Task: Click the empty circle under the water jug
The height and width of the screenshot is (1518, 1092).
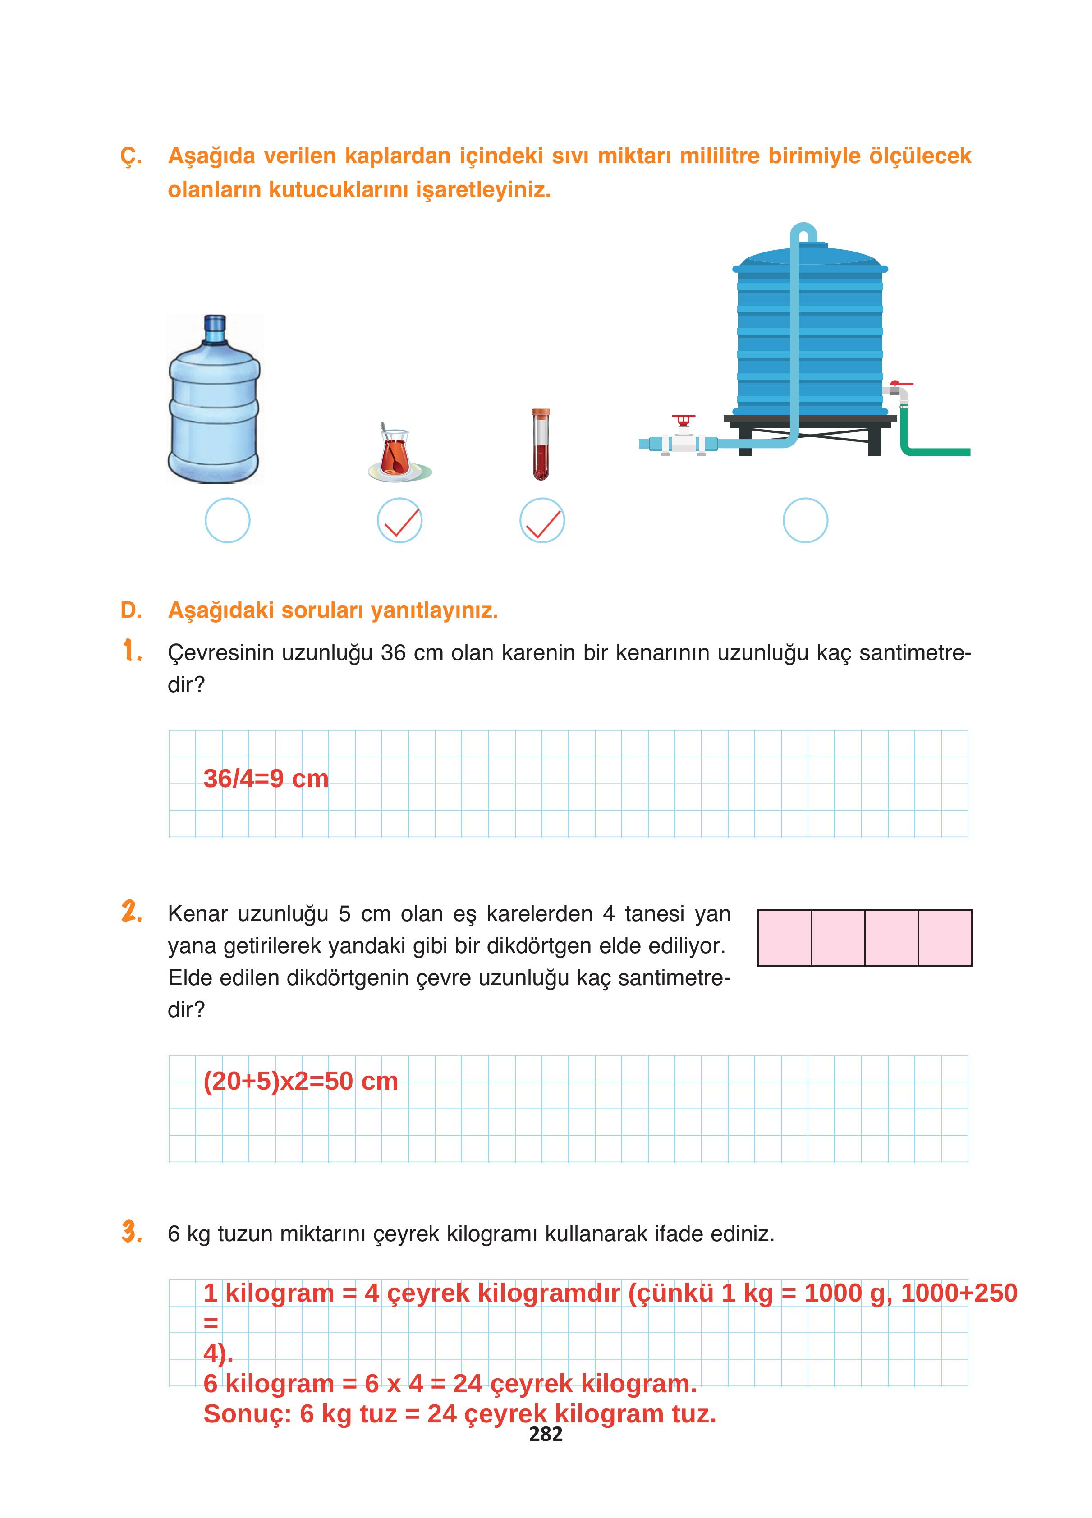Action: tap(228, 520)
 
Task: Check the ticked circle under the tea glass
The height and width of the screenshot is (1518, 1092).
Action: tap(400, 520)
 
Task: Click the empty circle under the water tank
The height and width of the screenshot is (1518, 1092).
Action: tap(805, 520)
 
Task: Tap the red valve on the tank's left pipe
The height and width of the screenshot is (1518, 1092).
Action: tap(683, 420)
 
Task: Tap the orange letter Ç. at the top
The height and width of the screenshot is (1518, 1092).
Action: tap(131, 156)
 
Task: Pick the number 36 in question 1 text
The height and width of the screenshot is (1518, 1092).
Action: tap(394, 652)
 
